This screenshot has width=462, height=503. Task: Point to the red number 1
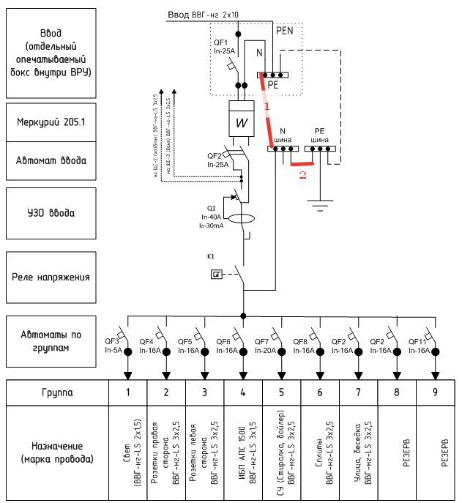267,106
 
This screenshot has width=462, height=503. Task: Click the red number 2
302,175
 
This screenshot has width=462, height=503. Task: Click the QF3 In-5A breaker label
113,346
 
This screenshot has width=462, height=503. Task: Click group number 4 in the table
242,392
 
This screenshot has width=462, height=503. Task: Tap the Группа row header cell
56,392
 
